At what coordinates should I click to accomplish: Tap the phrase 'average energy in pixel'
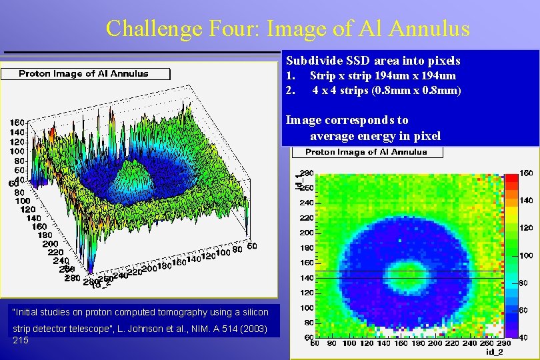(375, 136)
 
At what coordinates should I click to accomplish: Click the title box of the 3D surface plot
(83, 73)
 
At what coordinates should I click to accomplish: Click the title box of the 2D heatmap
(366, 152)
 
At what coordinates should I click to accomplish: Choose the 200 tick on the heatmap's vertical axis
(306, 233)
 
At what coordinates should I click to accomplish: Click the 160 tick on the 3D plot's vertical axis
(18, 123)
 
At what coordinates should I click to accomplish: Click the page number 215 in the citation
(21, 340)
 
